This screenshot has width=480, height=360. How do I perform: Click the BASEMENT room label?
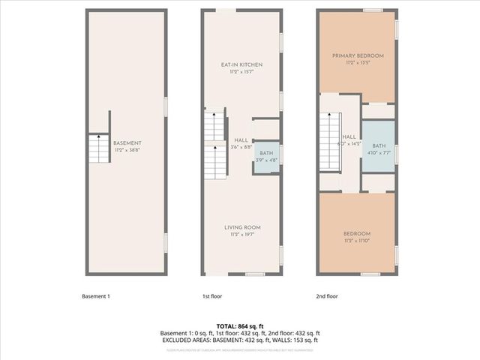tap(127, 143)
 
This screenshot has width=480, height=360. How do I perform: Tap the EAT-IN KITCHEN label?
tap(241, 64)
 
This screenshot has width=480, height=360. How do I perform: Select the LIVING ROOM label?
tap(241, 227)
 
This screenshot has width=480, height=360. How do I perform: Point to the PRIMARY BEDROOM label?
tap(358, 55)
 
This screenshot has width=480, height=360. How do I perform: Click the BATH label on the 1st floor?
tap(267, 152)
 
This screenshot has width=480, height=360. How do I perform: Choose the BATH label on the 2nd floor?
tap(379, 145)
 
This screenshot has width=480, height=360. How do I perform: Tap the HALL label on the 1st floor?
tap(241, 140)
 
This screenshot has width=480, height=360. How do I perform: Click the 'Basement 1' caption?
tap(96, 296)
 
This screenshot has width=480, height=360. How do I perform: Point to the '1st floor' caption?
tap(211, 296)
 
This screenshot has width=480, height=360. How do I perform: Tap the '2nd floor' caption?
tap(327, 296)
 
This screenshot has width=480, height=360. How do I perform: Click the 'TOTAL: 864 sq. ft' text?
tap(240, 326)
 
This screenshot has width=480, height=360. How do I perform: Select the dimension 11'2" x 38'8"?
tap(127, 150)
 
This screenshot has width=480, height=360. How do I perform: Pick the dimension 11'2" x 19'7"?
tap(241, 234)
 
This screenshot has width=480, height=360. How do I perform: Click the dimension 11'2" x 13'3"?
tap(358, 62)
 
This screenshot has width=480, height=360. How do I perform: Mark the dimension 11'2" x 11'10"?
tap(358, 241)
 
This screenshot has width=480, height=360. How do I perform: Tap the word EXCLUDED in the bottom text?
tap(178, 340)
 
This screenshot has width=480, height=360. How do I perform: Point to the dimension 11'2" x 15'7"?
tap(241, 71)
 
